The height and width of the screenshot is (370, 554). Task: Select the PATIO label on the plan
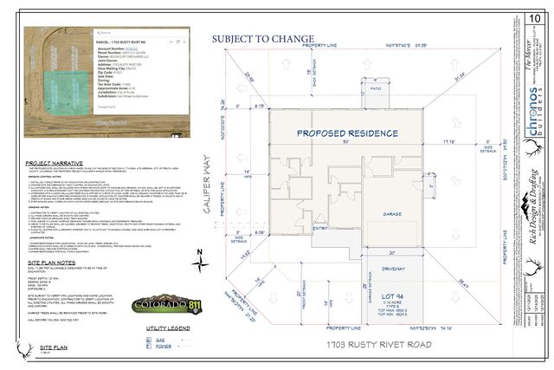pos(375,88)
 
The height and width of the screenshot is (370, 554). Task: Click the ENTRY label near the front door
pos(298,251)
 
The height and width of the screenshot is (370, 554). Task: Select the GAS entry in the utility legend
pos(158,341)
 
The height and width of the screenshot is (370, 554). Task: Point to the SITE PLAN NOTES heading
pos(48,261)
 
